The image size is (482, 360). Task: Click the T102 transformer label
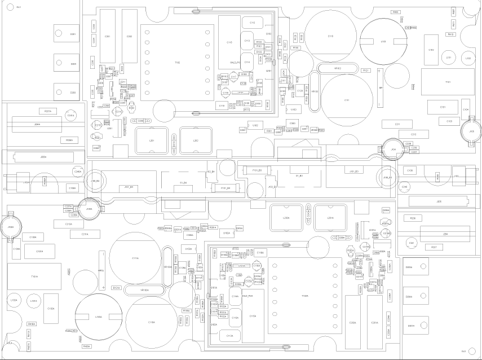pos(177,63)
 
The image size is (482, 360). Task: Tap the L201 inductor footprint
pos(152,141)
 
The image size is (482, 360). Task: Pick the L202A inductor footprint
pos(286,217)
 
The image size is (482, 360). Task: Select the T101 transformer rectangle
pos(448,82)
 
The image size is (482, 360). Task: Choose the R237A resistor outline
pos(48,112)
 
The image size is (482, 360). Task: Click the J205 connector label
pos(438,201)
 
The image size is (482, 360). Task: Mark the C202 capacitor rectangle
pos(130,36)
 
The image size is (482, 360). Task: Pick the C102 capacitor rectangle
pos(431,50)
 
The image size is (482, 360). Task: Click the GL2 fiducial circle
pos(463,351)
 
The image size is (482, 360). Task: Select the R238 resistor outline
pos(413,218)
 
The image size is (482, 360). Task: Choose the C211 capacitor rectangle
pos(397,124)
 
